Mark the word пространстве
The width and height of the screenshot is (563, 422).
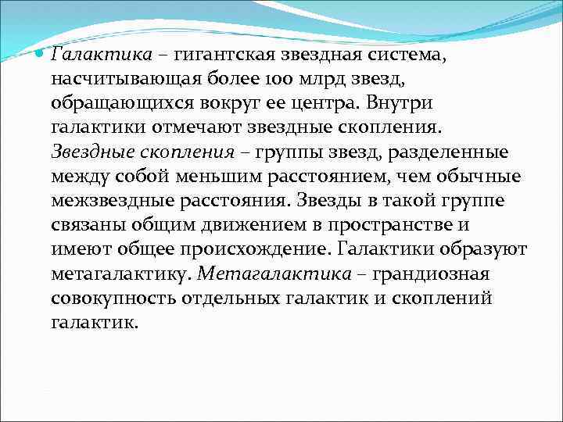point(387,226)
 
